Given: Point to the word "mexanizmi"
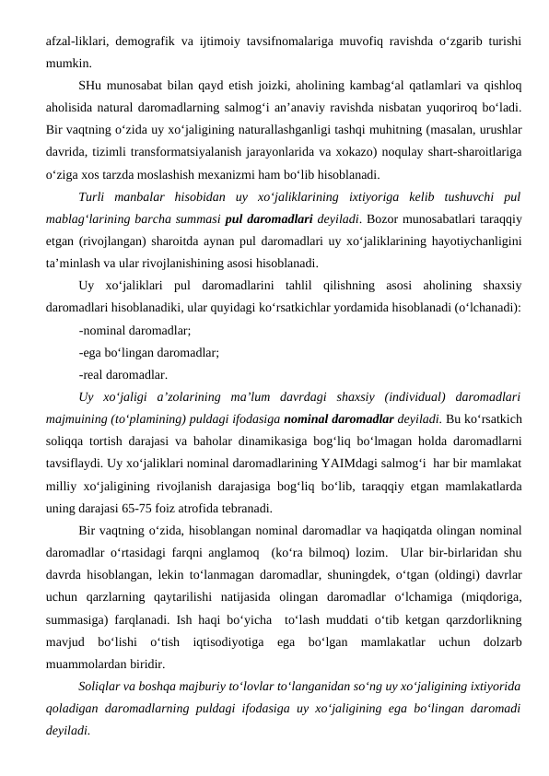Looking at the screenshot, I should tap(299, 175).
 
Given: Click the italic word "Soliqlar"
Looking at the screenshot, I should tap(104, 686).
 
